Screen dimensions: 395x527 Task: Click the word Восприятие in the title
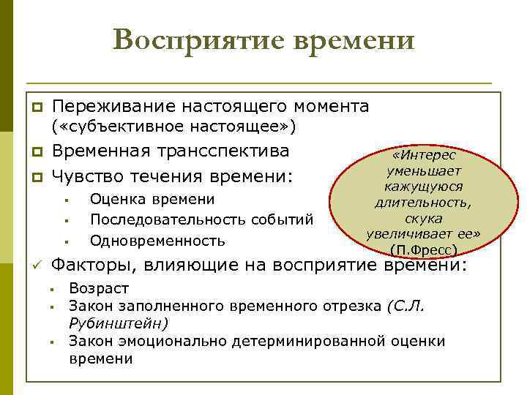(x=196, y=39)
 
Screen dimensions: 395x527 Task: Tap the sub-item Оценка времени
(x=152, y=200)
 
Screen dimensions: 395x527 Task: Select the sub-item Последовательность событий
(x=201, y=219)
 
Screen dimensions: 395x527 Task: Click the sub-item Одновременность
(x=157, y=240)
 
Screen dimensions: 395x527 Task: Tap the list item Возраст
(x=98, y=289)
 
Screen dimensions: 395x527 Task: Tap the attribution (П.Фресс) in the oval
(x=424, y=249)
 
